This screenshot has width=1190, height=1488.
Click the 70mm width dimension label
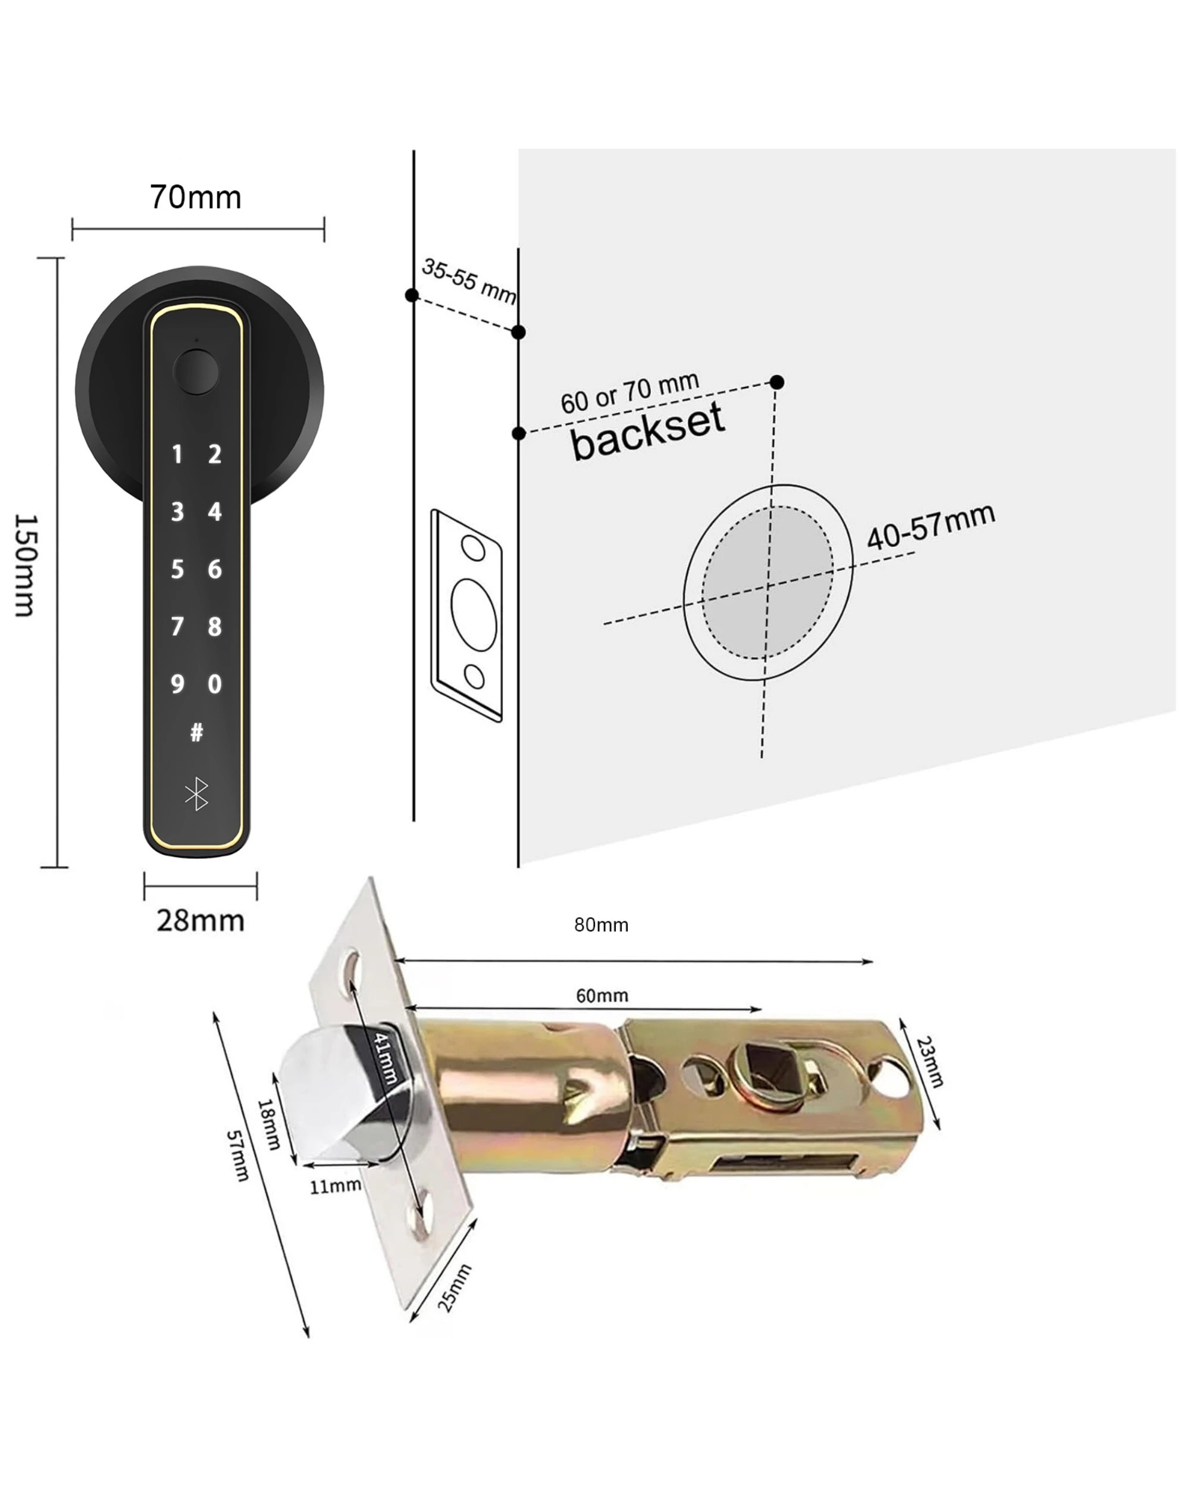(196, 198)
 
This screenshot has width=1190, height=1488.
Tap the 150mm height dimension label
(26, 565)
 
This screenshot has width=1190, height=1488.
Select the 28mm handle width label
(200, 921)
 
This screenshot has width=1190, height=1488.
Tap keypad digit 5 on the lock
(177, 570)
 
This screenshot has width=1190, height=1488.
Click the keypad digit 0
(215, 684)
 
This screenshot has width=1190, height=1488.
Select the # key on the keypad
(196, 732)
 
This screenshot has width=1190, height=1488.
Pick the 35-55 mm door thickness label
(468, 281)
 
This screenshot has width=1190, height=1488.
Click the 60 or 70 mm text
(629, 393)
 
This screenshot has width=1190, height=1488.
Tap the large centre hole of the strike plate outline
(473, 614)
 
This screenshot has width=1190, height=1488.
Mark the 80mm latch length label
(601, 926)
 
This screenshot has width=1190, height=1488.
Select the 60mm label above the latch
(602, 996)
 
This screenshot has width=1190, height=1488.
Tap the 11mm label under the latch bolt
(334, 1186)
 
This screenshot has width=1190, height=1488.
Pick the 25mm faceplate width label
(455, 1287)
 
